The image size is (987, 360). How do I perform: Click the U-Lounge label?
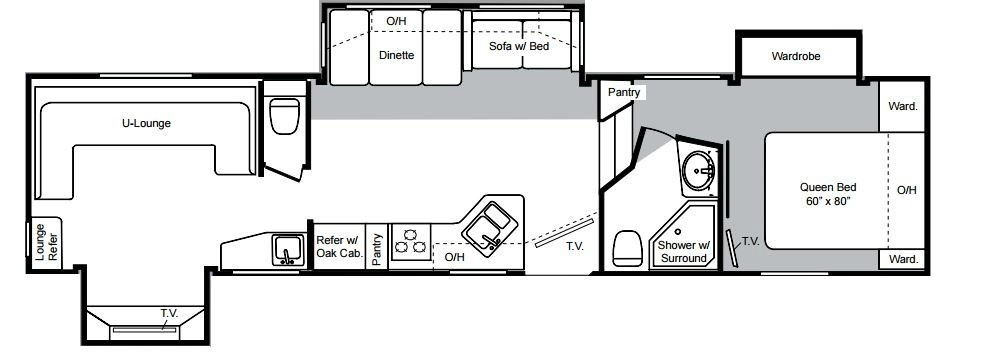[146, 123]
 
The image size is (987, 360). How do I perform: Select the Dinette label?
[397, 55]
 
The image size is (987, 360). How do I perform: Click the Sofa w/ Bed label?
[519, 46]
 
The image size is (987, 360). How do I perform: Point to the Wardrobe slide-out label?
[796, 56]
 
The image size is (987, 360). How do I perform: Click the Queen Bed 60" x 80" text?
[828, 194]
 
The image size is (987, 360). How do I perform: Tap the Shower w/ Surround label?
[684, 252]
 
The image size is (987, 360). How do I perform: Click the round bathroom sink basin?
[698, 170]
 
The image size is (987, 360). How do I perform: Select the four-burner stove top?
[410, 242]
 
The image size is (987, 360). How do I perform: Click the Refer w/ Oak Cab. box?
[339, 246]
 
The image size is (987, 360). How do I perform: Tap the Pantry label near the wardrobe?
[624, 93]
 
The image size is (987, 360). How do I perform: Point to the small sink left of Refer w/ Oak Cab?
[288, 249]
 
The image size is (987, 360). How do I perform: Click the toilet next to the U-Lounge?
[285, 115]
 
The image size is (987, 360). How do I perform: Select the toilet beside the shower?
[627, 247]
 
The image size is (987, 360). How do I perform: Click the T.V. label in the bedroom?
[750, 240]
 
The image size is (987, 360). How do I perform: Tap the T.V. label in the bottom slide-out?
[169, 313]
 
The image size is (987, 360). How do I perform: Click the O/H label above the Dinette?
[396, 21]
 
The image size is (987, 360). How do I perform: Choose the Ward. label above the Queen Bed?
[903, 106]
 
